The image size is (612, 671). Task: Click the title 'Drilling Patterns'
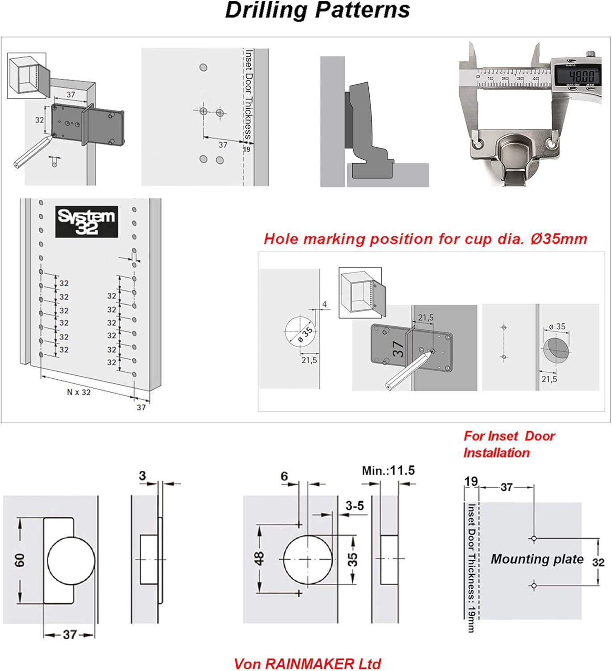[x=317, y=10]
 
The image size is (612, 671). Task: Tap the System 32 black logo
[x=87, y=221]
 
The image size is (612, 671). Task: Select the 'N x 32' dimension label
[x=79, y=392]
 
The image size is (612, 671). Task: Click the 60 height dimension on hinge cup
[x=20, y=560]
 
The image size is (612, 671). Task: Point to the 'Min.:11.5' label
[x=388, y=471]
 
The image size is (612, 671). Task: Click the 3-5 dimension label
[x=355, y=506]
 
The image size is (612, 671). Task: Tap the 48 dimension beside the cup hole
[x=259, y=558]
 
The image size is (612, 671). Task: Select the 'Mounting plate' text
[x=537, y=559]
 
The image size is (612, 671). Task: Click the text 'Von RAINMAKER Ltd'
[x=307, y=664]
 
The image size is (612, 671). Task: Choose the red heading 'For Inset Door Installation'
[x=509, y=444]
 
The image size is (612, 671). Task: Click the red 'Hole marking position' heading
[x=425, y=239]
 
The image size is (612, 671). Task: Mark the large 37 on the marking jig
[x=398, y=349]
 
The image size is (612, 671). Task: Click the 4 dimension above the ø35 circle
[x=325, y=304]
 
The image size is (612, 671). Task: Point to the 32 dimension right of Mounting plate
[x=598, y=562]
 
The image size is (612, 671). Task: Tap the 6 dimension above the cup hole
[x=284, y=476]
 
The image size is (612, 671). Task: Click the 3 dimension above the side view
[x=142, y=476]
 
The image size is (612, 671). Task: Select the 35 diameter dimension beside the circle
[x=353, y=559]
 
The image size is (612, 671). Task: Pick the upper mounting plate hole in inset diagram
[x=534, y=539]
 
